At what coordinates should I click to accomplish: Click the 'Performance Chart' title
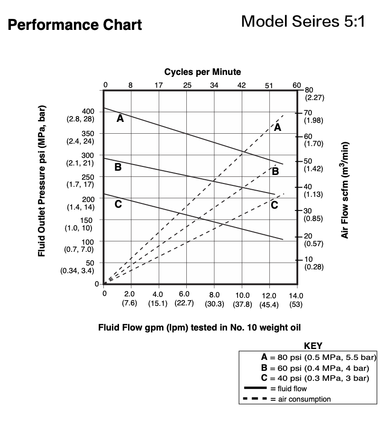75,25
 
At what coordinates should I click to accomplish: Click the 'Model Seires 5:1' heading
303,21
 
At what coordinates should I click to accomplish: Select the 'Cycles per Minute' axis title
202,72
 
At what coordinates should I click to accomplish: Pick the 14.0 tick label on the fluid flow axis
296,295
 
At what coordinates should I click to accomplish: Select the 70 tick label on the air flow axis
308,112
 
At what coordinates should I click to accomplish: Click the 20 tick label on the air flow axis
308,236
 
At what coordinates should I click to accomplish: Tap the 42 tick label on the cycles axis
242,85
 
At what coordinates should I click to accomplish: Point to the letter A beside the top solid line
120,119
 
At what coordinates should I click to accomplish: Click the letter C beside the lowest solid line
118,205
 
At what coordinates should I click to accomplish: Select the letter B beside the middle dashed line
275,171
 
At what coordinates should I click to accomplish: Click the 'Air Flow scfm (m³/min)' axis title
346,190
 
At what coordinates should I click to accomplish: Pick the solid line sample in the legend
255,388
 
